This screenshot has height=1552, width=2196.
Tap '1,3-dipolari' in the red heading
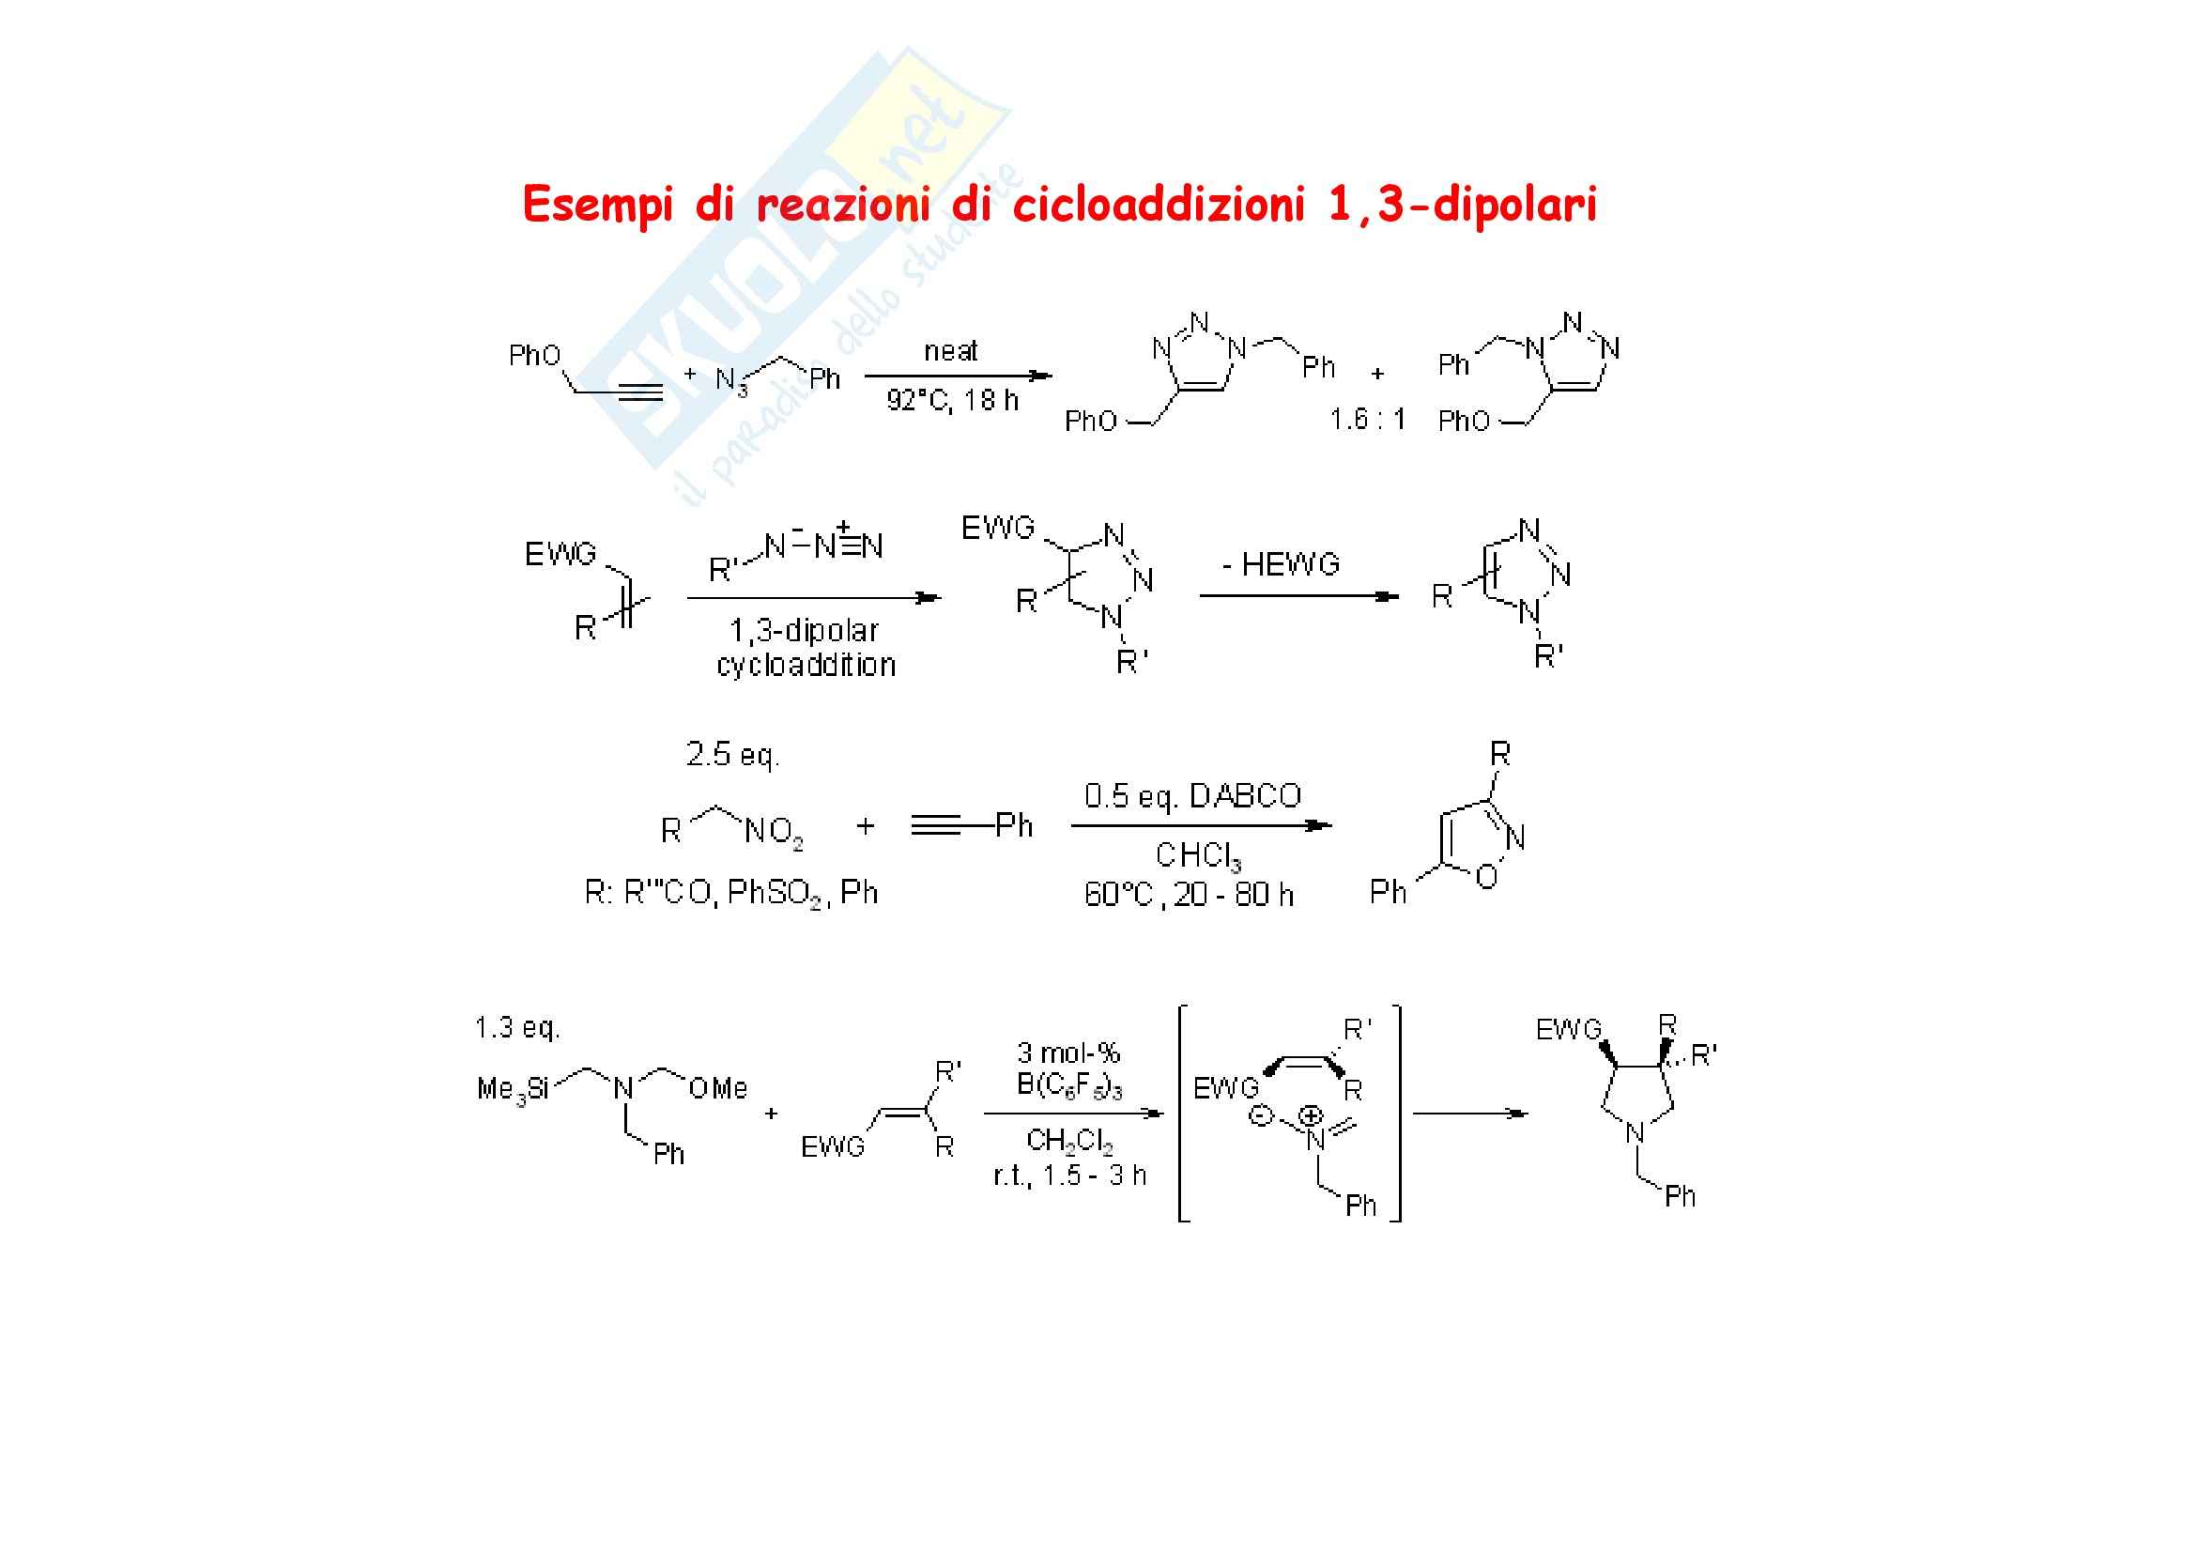(x=1463, y=206)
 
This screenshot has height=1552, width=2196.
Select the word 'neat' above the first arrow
(x=951, y=351)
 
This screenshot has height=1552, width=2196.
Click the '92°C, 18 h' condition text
(x=952, y=400)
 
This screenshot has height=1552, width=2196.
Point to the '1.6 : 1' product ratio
(x=1367, y=419)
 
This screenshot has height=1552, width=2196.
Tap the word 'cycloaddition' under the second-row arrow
(x=806, y=665)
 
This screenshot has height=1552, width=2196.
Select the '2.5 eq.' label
(x=732, y=756)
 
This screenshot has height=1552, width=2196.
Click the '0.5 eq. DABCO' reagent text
(x=1192, y=795)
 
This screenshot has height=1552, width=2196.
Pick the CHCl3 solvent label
(x=1197, y=855)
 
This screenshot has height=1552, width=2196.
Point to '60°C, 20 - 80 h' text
(x=1189, y=895)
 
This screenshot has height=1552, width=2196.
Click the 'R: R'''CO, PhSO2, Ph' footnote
(x=730, y=893)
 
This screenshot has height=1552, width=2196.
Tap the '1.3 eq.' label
(x=517, y=1028)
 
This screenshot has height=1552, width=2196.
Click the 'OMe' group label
(x=716, y=1088)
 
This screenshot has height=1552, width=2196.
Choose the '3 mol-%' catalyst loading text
(x=1068, y=1053)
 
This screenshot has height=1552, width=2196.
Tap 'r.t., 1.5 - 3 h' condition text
(x=1069, y=1176)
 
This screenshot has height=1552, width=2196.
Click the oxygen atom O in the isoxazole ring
(x=1486, y=877)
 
